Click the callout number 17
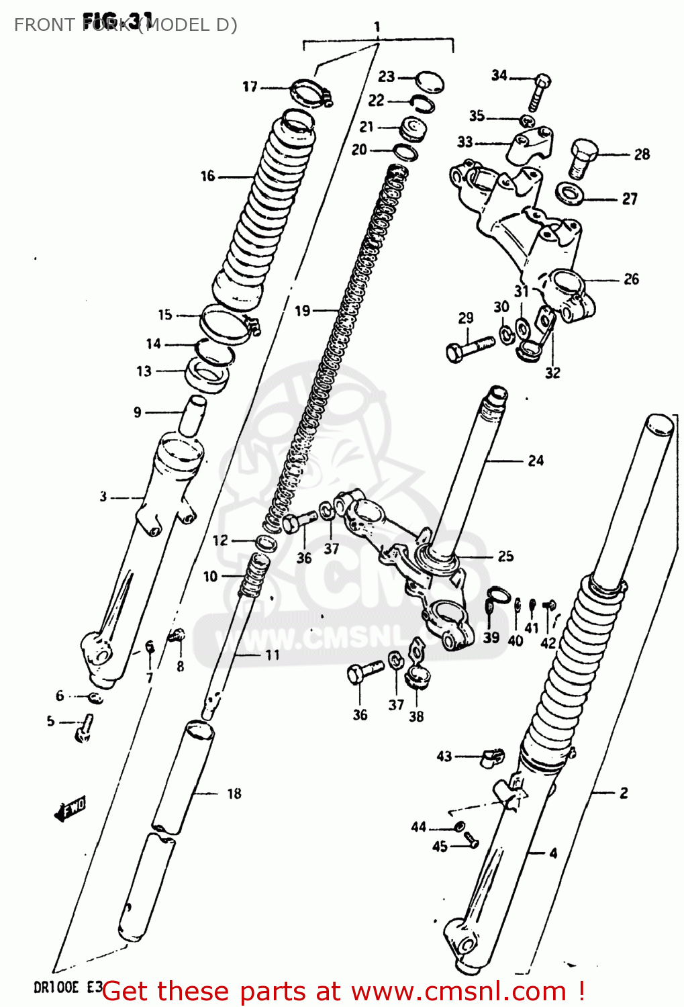[x=250, y=87]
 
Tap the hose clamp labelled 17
[x=310, y=91]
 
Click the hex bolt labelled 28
[x=583, y=157]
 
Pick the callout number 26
[x=631, y=279]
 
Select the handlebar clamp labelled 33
[x=529, y=146]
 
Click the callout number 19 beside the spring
[x=303, y=311]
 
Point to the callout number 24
[x=535, y=461]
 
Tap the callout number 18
[x=234, y=794]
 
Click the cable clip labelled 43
[x=491, y=757]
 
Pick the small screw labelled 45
[x=470, y=838]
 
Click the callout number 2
[x=624, y=793]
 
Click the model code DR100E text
[x=56, y=988]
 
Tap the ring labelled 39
[x=497, y=595]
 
